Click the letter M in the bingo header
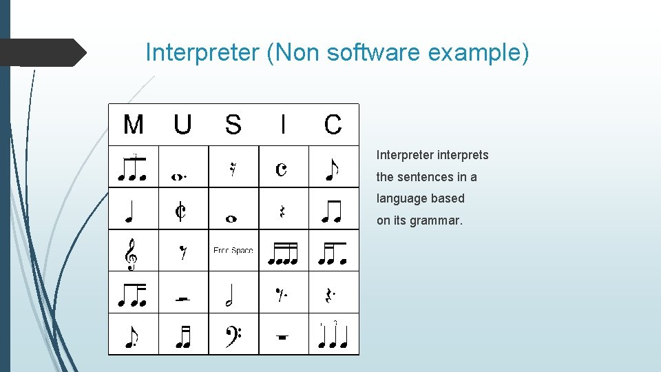point(133,125)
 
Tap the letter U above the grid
point(182,125)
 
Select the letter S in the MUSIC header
point(233,125)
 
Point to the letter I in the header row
point(283,125)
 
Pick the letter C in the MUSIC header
point(333,125)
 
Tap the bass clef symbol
point(233,335)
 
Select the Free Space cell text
point(233,251)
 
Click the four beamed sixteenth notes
point(282,255)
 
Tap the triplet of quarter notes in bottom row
point(333,335)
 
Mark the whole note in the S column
point(231,219)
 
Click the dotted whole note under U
point(178,176)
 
